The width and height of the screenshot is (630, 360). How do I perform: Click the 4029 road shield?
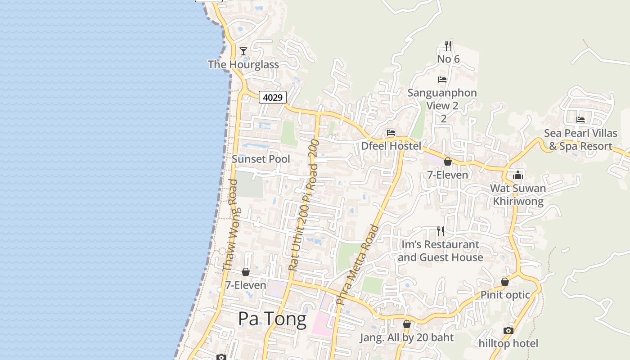point(273,97)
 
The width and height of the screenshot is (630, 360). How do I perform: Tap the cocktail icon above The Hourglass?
point(243,51)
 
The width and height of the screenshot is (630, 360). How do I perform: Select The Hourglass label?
point(243,65)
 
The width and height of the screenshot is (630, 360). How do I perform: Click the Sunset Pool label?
point(261,159)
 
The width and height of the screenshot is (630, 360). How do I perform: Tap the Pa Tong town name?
point(272,319)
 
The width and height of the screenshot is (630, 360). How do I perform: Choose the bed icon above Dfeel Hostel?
point(391,133)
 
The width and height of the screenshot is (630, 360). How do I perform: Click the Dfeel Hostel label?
point(391,146)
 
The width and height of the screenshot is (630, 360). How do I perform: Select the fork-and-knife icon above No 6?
point(448,45)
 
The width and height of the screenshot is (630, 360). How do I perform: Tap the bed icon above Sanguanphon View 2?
point(442,80)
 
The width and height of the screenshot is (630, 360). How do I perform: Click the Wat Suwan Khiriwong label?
point(518,195)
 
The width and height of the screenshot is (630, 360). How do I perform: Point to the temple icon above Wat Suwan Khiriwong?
point(518,175)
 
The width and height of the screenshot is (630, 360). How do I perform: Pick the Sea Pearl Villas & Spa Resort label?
point(580,140)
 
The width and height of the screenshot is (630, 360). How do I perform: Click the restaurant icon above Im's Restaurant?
point(441,231)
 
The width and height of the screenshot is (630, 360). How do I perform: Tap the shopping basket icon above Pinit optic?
point(505,282)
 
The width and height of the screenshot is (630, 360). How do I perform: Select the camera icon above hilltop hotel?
point(508,331)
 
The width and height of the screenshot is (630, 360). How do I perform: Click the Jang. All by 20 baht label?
point(407,337)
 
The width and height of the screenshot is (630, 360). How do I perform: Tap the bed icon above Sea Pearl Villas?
point(580,120)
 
